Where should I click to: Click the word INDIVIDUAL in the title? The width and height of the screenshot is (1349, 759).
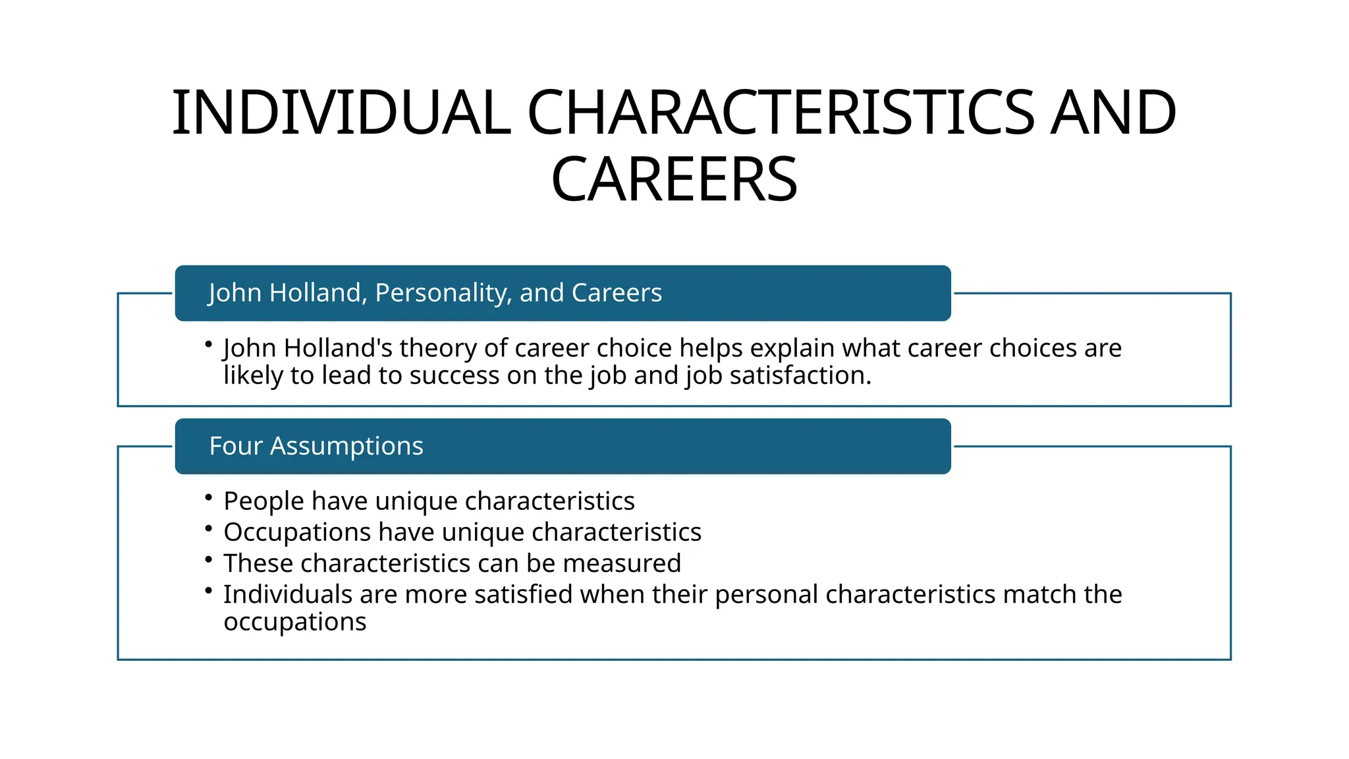(341, 113)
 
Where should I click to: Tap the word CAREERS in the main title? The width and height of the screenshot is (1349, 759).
(674, 179)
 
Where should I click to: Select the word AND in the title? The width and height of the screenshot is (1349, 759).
(1113, 113)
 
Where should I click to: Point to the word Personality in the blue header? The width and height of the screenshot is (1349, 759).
(443, 293)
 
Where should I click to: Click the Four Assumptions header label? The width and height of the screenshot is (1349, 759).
(316, 446)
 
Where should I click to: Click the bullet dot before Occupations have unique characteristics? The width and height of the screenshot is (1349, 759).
(208, 528)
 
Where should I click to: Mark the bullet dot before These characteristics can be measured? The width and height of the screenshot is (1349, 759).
(208, 559)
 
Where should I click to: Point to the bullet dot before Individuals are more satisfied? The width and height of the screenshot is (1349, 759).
(208, 590)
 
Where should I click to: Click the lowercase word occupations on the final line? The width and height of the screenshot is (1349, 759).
(295, 622)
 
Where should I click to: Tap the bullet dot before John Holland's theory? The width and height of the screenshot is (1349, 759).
(208, 344)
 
